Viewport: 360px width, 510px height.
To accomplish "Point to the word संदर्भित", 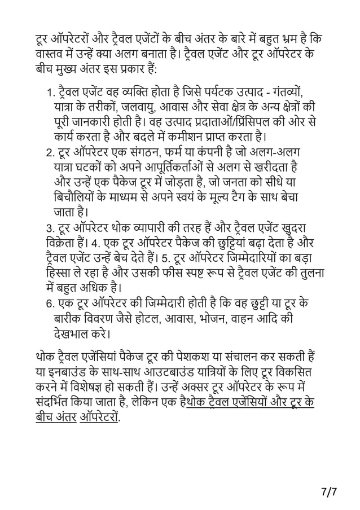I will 56,406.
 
